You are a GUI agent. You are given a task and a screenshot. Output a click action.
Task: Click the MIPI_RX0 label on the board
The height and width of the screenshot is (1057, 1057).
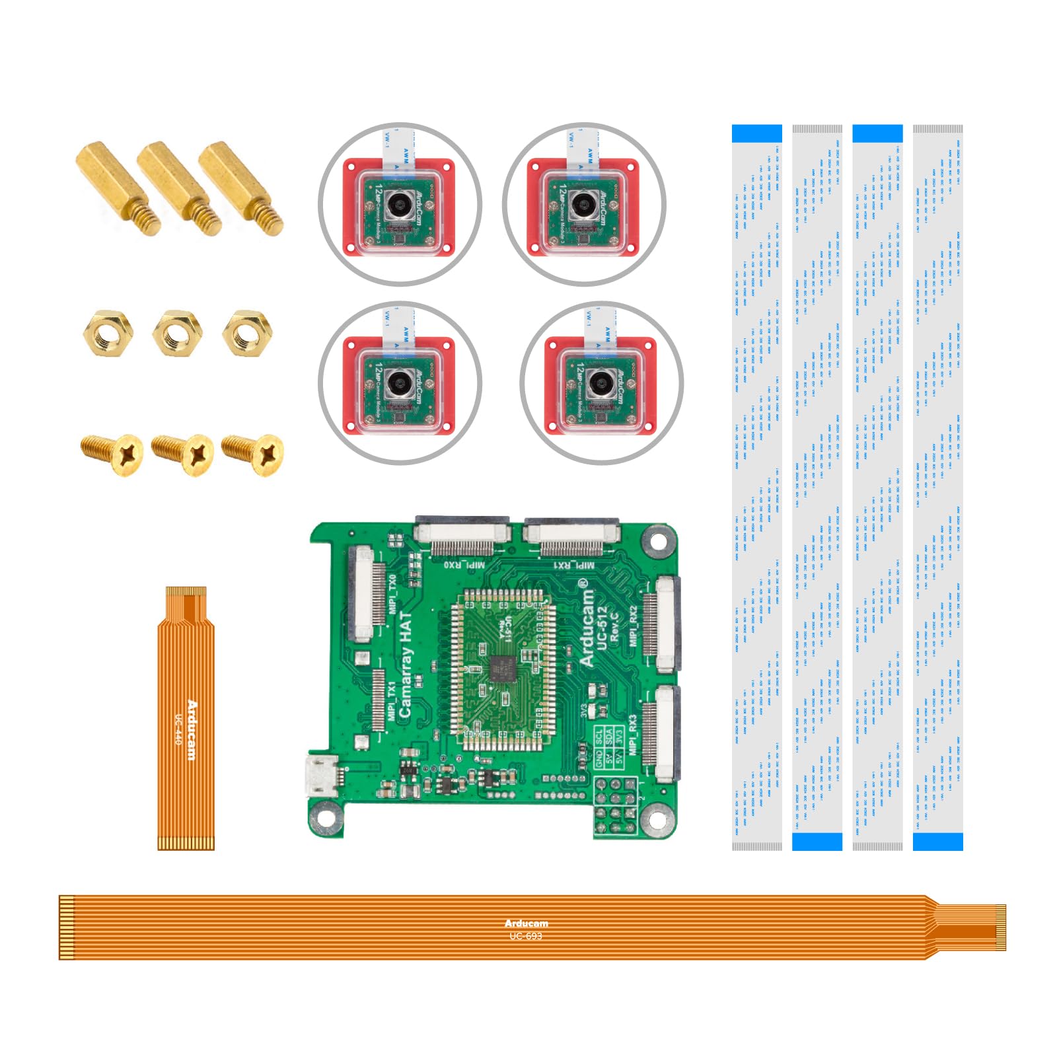point(464,565)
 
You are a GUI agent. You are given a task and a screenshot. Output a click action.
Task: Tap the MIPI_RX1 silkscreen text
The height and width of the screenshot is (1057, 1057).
point(573,565)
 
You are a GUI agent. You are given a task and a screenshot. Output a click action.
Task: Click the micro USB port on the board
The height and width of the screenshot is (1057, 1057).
point(322,778)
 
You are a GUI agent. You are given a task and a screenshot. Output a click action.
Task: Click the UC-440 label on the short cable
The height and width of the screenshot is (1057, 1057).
point(178,729)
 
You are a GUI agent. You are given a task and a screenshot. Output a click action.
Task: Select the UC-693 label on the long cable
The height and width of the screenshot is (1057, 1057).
point(526,935)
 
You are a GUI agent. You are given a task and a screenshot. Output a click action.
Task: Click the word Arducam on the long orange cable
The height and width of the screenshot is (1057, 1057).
point(526,924)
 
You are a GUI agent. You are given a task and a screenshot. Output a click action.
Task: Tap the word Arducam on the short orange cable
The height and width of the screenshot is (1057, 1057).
point(192,729)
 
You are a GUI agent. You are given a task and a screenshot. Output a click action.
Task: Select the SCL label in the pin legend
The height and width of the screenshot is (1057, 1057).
point(599,736)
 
